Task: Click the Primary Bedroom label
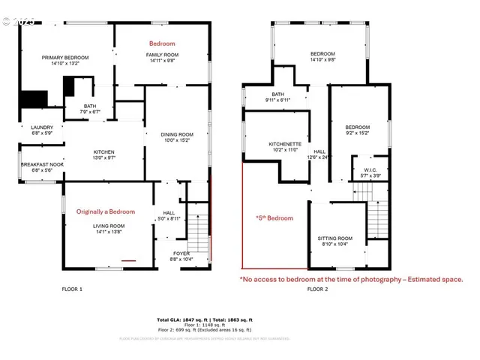[65, 58]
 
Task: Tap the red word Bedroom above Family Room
[161, 43]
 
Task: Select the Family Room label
[161, 55]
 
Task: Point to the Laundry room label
[41, 127]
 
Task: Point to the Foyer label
[181, 253]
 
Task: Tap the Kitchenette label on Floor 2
[285, 144]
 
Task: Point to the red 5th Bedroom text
[274, 218]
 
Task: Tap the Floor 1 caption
[72, 289]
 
